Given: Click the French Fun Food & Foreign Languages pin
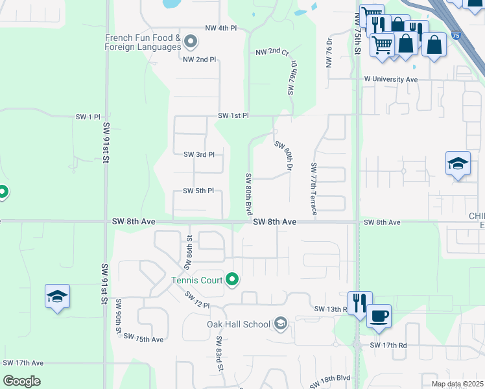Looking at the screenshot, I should click(191, 43).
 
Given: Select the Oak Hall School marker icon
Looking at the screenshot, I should click(281, 324).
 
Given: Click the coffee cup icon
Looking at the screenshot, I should click(379, 316).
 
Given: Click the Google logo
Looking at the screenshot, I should click(22, 381).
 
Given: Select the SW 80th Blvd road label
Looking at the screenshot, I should click(248, 194).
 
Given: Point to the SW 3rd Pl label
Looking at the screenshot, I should click(198, 154).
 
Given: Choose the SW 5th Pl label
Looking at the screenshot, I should click(198, 191).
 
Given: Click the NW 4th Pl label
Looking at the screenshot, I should click(220, 29).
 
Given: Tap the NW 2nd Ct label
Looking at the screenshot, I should click(272, 51).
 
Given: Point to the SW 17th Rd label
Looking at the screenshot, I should click(388, 346).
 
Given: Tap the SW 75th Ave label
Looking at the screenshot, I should click(143, 338).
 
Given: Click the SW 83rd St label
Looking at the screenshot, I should click(219, 353).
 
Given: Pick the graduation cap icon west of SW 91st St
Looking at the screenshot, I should click(57, 297).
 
